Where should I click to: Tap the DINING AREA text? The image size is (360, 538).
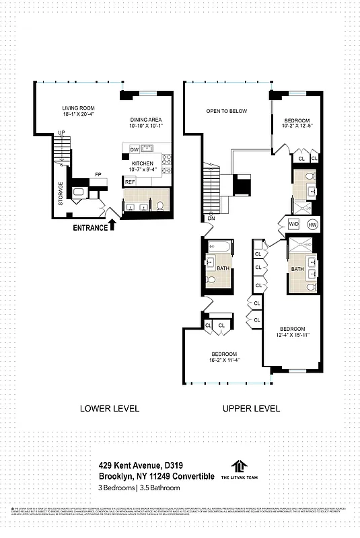146,119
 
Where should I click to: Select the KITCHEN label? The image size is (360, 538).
142,163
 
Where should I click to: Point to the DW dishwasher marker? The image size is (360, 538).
135,149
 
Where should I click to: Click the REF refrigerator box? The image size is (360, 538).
130,182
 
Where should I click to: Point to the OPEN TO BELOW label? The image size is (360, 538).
227,111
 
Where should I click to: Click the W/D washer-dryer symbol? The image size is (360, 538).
293,224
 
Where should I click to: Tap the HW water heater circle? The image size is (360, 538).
312,224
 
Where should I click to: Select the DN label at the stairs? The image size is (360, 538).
211,219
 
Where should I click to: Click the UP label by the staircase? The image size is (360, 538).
61,132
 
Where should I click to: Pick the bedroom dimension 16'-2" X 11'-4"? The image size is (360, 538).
224,360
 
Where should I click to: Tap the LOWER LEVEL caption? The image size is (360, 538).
110,408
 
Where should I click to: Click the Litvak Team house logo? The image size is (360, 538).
239,465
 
